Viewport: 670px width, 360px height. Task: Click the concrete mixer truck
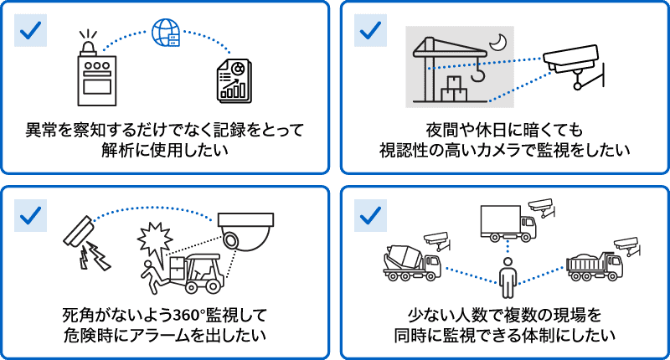(x=410, y=262)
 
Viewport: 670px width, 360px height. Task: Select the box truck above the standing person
(x=507, y=222)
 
